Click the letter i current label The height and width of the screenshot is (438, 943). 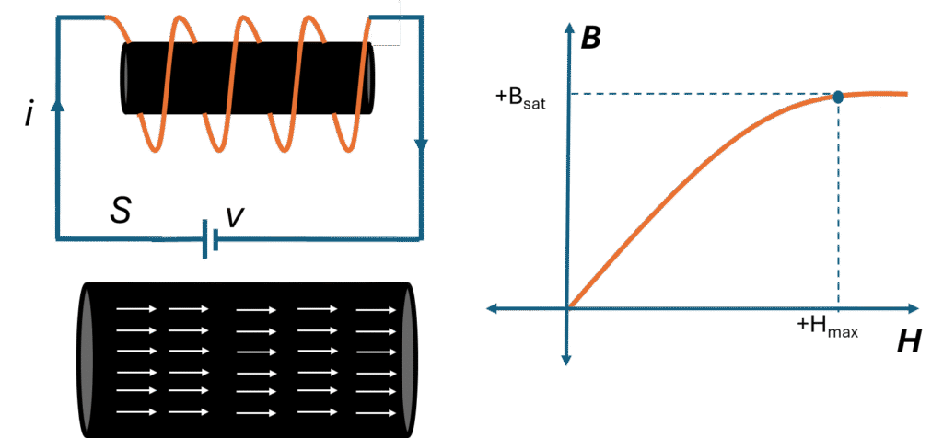[x=29, y=115]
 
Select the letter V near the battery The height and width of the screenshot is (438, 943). [x=236, y=215]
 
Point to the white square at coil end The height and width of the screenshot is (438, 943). [x=385, y=23]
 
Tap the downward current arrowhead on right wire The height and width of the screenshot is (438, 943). [x=422, y=144]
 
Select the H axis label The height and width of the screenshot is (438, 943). [x=908, y=343]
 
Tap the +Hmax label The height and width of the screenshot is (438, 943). [x=827, y=328]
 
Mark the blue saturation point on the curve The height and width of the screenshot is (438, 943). [x=838, y=96]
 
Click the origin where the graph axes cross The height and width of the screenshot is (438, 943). [x=568, y=306]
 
